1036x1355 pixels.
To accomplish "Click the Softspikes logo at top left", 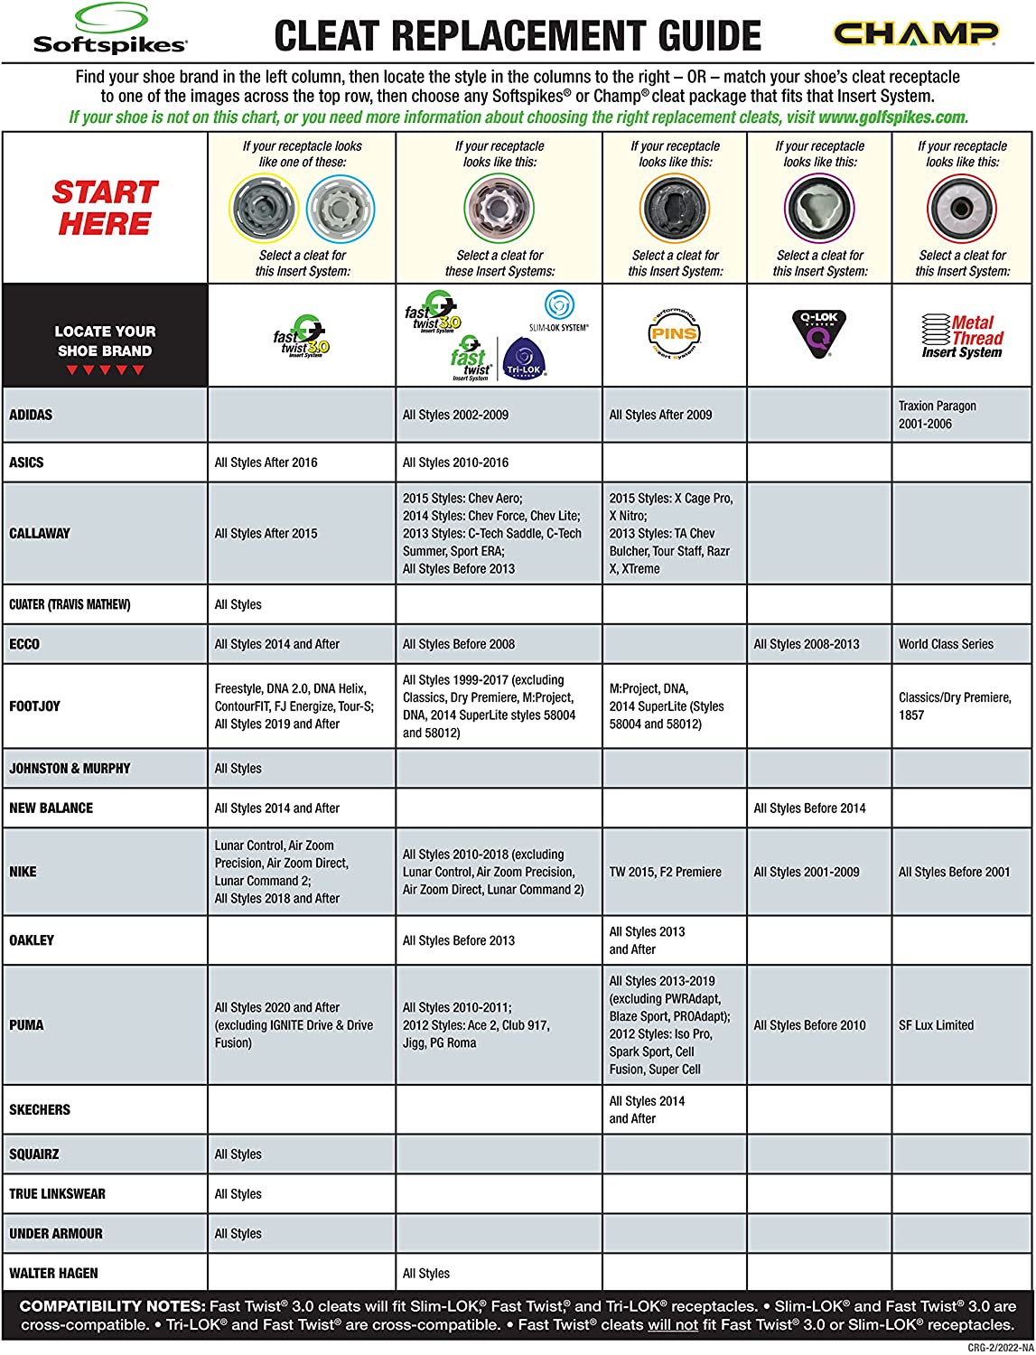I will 109,30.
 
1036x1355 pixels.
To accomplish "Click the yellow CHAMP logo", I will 916,34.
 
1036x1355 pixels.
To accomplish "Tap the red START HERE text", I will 105,208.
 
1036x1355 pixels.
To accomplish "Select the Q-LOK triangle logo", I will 819,333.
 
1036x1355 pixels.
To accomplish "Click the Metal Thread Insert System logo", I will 962,336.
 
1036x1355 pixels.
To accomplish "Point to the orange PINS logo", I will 675,334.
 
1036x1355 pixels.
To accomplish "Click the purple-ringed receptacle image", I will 819,208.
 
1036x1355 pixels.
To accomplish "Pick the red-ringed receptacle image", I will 962,208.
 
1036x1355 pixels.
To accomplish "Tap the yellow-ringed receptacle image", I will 263,208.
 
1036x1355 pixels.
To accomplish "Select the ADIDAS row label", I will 31,416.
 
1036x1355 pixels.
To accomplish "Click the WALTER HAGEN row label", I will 53,1274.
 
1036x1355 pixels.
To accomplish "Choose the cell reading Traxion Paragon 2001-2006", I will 938,415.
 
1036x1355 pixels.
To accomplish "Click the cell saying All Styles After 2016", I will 266,463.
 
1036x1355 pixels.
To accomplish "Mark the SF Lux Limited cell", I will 936,1025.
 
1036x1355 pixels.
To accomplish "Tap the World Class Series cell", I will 946,644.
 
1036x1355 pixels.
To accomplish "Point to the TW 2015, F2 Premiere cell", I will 666,872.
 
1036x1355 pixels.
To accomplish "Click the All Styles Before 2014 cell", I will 809,808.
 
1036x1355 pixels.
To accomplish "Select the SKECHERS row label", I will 40,1109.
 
